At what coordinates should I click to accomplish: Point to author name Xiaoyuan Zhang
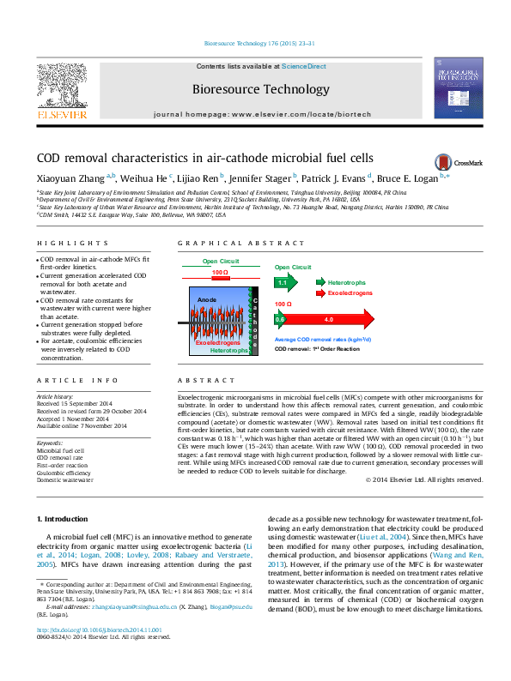pos(70,178)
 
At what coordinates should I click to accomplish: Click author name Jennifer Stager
pos(261,178)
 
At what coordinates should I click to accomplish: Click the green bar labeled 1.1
pos(284,281)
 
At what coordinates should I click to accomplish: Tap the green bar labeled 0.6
pos(280,319)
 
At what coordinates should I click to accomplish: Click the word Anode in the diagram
pos(207,299)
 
